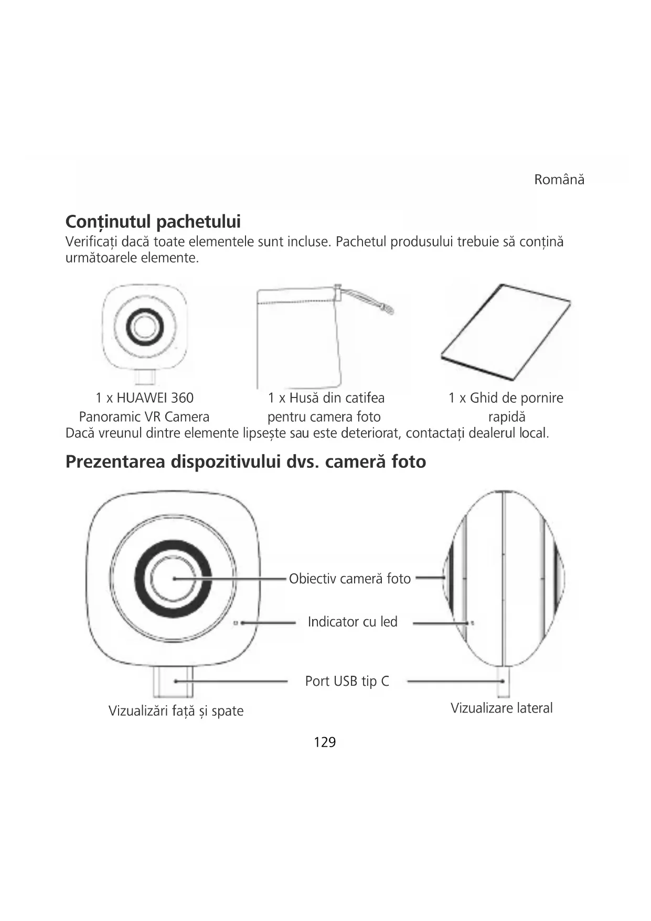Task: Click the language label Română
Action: click(x=559, y=180)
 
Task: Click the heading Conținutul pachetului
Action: click(x=153, y=222)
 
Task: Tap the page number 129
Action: click(x=325, y=742)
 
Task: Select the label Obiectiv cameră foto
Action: click(x=349, y=579)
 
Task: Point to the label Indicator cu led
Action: click(x=353, y=622)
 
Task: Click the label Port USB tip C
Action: click(x=347, y=681)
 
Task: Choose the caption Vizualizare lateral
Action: click(x=501, y=708)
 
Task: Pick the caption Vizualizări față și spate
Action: click(x=176, y=711)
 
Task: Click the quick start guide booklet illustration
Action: click(x=506, y=332)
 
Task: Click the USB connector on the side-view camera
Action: click(x=503, y=682)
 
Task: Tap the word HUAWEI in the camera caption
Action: click(x=141, y=398)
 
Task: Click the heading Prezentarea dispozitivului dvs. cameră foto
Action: click(x=246, y=462)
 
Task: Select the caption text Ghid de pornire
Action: click(x=516, y=398)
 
